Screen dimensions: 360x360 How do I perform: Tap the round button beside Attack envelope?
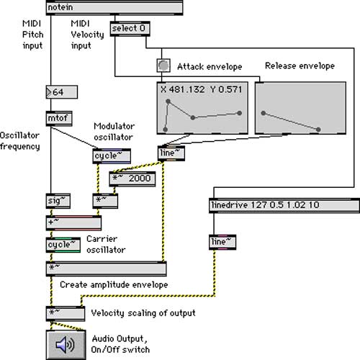[163, 66]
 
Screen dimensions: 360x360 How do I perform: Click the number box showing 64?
[61, 92]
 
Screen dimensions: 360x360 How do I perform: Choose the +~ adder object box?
[72, 222]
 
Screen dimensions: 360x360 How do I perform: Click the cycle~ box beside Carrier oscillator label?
[63, 245]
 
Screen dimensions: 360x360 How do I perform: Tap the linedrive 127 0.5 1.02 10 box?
[284, 205]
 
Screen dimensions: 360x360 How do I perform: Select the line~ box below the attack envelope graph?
[171, 153]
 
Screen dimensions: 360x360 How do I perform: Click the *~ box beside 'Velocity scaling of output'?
[66, 312]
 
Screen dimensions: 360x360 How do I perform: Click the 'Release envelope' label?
[299, 66]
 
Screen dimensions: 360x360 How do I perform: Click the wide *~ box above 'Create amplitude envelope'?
[105, 268]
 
